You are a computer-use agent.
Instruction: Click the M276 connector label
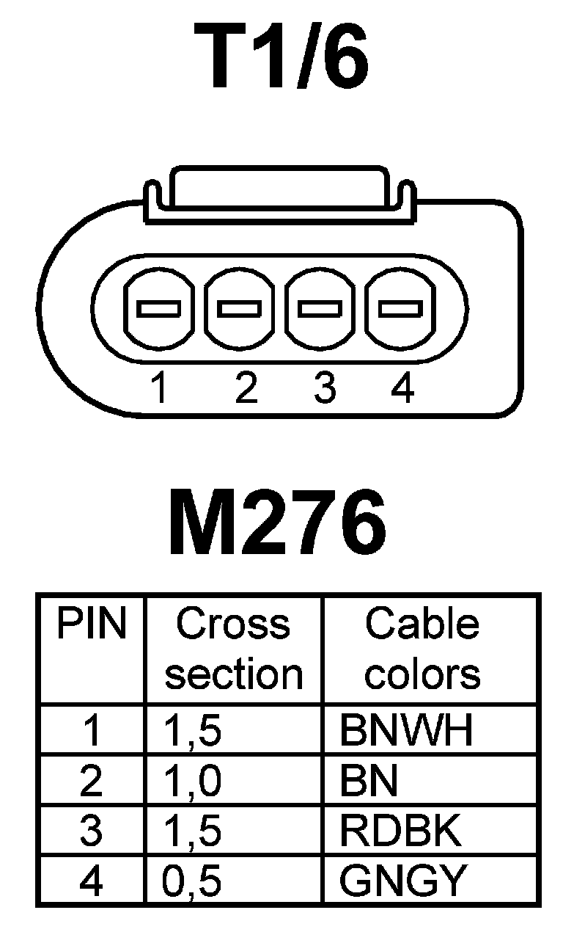pyautogui.click(x=278, y=523)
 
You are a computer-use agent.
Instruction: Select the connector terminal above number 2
pyautogui.click(x=240, y=309)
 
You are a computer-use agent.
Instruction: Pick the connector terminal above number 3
pyautogui.click(x=320, y=309)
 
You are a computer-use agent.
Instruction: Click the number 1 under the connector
pyautogui.click(x=158, y=388)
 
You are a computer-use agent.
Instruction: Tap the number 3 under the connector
pyautogui.click(x=323, y=388)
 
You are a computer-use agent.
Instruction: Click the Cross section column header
pyautogui.click(x=233, y=649)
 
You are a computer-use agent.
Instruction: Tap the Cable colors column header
pyautogui.click(x=422, y=649)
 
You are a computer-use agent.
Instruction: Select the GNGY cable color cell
pyautogui.click(x=403, y=881)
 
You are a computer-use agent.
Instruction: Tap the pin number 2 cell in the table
pyautogui.click(x=91, y=782)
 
